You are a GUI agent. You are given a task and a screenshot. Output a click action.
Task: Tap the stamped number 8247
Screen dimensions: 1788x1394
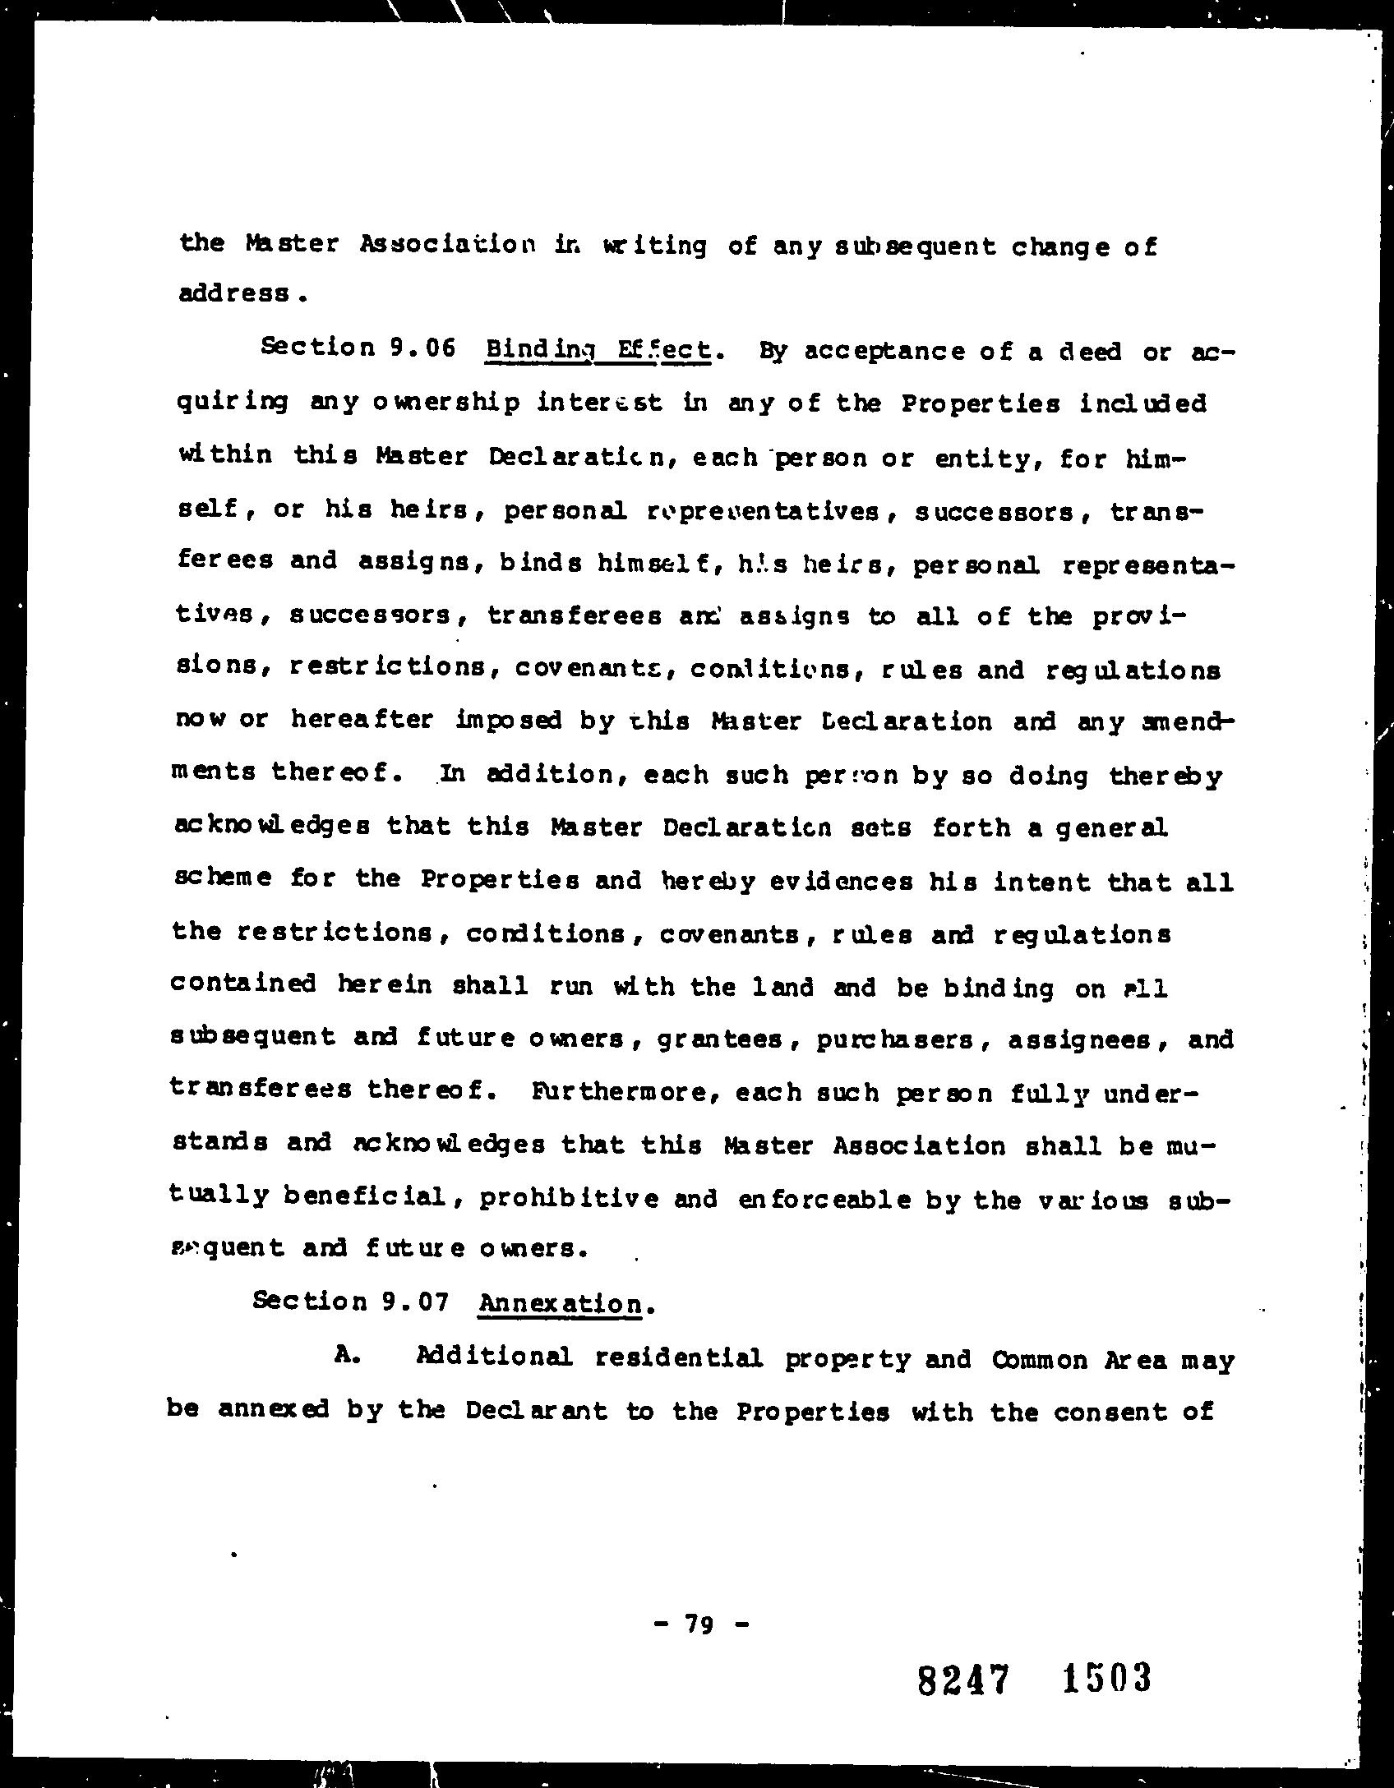click(x=962, y=1680)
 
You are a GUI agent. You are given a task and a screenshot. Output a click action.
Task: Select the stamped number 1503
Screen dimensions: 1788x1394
click(x=1106, y=1678)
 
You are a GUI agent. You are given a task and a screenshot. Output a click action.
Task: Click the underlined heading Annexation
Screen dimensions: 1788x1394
click(x=561, y=1304)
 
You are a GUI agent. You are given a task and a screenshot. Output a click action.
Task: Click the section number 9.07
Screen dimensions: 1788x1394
click(x=414, y=1302)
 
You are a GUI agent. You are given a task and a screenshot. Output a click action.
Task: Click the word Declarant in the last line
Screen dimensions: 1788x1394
click(x=536, y=1411)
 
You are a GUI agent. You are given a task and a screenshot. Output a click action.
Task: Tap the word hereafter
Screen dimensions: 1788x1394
click(x=361, y=720)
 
